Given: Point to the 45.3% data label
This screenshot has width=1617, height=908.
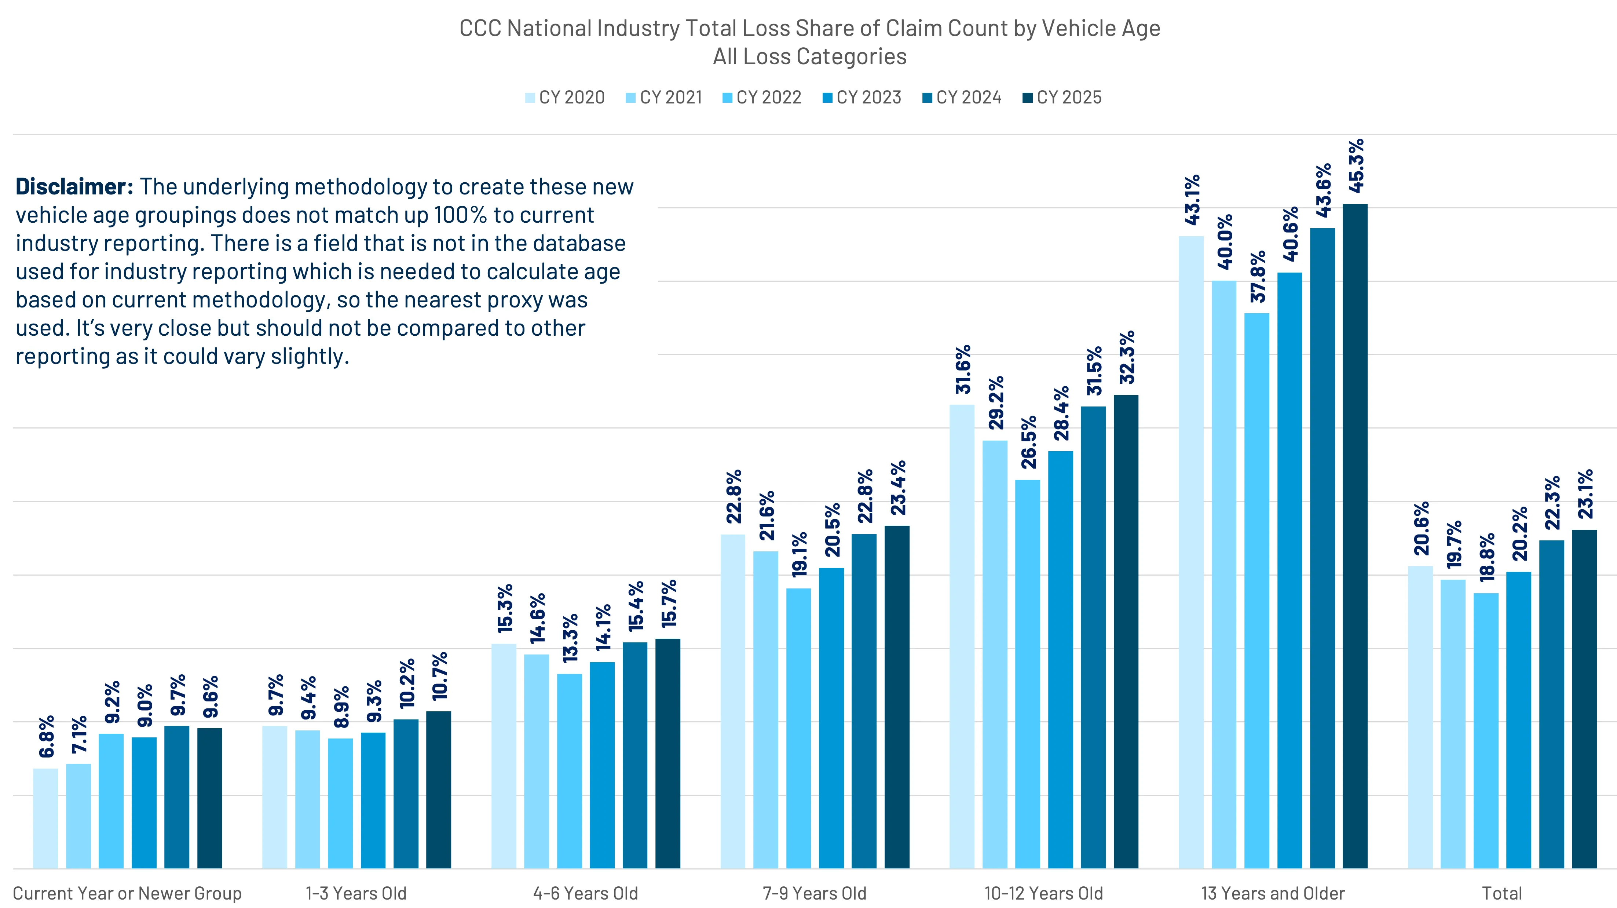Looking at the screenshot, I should [1356, 166].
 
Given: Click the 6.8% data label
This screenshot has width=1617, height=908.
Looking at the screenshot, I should [47, 736].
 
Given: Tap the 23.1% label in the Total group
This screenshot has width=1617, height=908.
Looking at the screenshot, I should [1585, 493].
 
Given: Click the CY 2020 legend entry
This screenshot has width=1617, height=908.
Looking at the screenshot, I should [565, 97].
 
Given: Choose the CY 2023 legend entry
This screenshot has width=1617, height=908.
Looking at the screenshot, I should [862, 97].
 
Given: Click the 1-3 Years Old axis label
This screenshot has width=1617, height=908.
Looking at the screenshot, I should [356, 893].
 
